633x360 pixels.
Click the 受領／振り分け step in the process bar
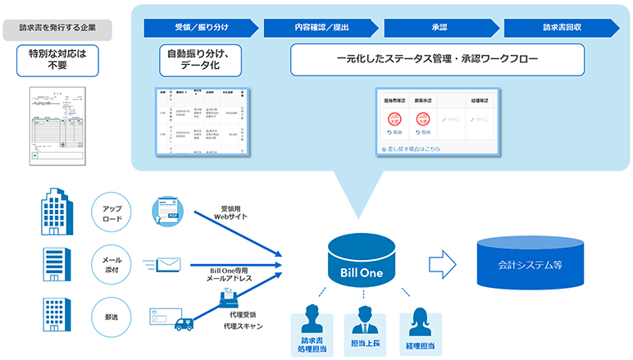pyautogui.click(x=200, y=27)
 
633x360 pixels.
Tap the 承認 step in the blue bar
pyautogui.click(x=439, y=27)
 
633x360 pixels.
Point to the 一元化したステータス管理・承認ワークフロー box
pyautogui.click(x=437, y=59)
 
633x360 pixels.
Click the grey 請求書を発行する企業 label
pyautogui.click(x=64, y=28)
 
